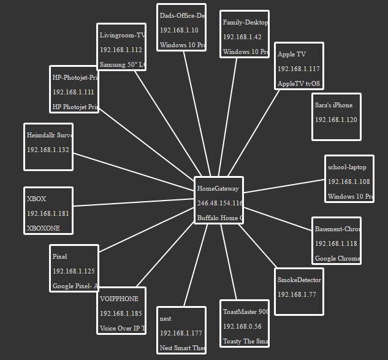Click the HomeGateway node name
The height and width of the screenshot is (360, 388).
point(218,189)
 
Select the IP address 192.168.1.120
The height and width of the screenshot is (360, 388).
point(336,120)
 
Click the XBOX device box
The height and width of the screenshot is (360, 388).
point(48,210)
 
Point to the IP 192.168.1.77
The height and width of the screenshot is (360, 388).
point(297,294)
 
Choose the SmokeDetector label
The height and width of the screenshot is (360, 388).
point(299,280)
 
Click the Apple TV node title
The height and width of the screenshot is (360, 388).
point(292,55)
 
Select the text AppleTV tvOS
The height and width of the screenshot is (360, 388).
point(299,84)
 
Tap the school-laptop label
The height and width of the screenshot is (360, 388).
point(347,167)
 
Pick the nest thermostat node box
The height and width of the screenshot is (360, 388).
point(181,331)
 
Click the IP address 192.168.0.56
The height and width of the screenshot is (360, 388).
point(242,326)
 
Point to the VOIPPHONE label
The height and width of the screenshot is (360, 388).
point(119,299)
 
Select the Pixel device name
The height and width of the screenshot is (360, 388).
point(59,256)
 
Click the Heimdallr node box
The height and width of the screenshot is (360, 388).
point(48,147)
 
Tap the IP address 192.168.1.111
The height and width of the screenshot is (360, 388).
point(73,92)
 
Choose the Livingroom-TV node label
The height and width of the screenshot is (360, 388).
point(122,35)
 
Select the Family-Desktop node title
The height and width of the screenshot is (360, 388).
point(245,23)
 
